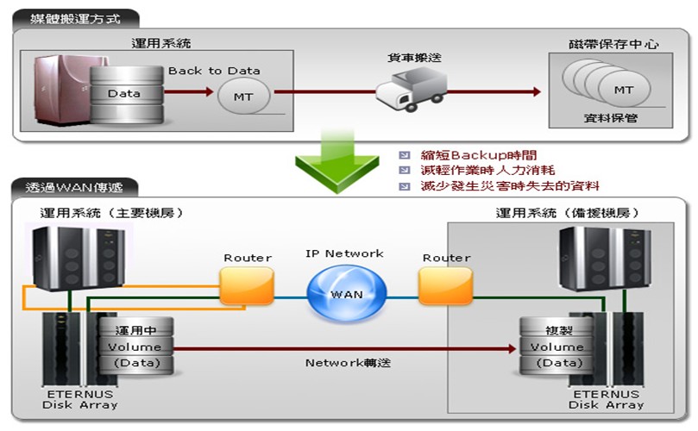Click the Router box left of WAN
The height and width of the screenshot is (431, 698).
pos(247,285)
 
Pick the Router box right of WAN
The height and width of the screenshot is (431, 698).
pos(445,285)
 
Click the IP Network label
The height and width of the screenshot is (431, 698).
pos(345,254)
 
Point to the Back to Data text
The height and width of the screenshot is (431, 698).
pos(214,71)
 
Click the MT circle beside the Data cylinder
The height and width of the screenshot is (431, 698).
pos(244,97)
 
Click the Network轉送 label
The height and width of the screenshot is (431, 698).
pos(348,363)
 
